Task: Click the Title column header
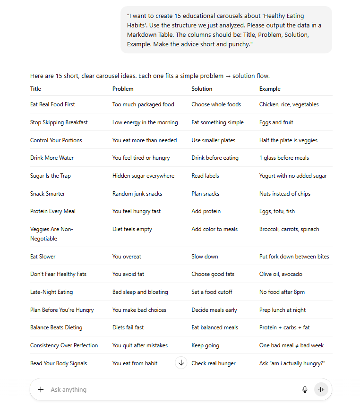coord(35,89)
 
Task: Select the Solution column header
coord(202,89)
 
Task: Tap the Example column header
coord(270,89)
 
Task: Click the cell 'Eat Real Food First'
coord(52,104)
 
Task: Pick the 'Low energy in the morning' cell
coord(145,122)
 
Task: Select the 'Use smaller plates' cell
coord(213,140)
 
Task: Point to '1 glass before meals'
coord(284,158)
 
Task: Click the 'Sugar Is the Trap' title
coord(51,176)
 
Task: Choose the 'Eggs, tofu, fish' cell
coord(277,211)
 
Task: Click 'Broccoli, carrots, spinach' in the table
coord(289,229)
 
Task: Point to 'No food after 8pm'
coord(282,292)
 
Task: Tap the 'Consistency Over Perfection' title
coord(64,345)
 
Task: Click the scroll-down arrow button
coord(181,363)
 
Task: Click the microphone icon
coord(305,389)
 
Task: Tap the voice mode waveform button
coord(321,389)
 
